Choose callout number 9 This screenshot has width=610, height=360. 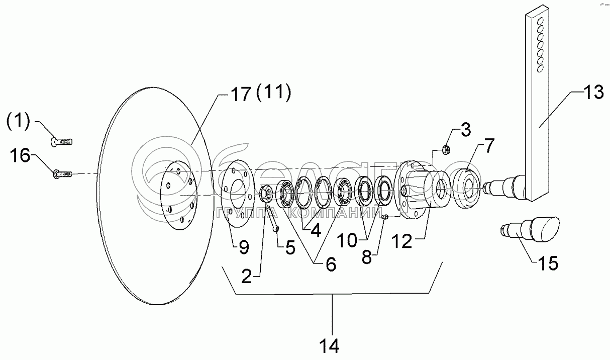243,246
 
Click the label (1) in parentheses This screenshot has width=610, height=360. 18,121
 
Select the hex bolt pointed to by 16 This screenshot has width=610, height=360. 61,174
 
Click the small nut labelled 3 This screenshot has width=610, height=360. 445,148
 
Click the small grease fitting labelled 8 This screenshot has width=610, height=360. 384,217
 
